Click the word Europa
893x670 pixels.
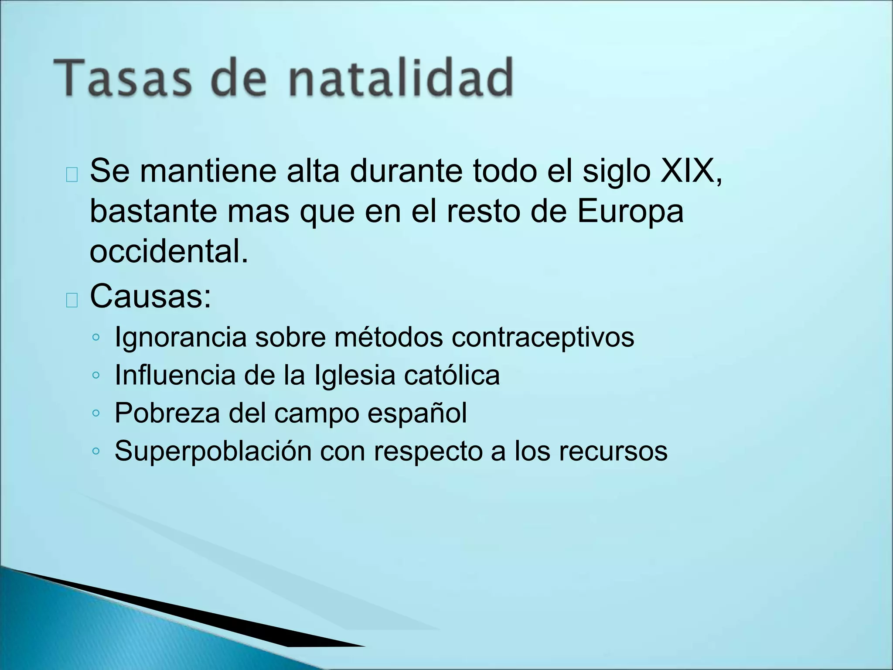tap(631, 212)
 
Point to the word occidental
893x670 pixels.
tap(169, 252)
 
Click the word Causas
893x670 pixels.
tap(150, 297)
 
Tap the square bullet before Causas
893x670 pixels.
tap(72, 300)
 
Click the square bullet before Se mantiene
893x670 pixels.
tap(72, 174)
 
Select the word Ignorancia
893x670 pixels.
tap(181, 338)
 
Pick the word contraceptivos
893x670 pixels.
tap(542, 338)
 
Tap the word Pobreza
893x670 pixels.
tap(167, 413)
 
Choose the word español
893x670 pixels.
tap(417, 414)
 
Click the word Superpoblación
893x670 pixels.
tap(213, 451)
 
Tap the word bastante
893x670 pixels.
tap(153, 212)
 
